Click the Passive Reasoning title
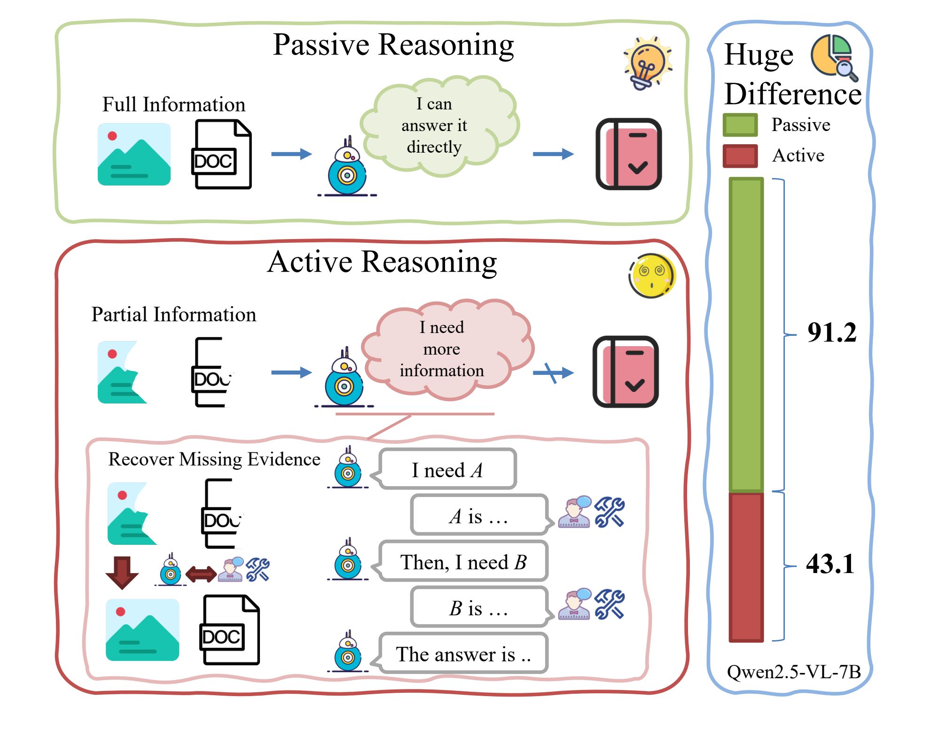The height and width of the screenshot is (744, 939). [393, 45]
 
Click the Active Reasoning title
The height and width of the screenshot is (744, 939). [382, 262]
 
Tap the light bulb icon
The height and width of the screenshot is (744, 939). [648, 62]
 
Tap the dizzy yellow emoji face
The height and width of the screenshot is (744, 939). [652, 276]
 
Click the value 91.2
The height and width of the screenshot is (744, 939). [831, 333]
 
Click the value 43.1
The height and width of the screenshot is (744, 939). [830, 564]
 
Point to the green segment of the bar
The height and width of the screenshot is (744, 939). [746, 334]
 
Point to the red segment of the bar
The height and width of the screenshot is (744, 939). [746, 566]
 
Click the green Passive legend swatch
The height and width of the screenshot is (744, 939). [740, 125]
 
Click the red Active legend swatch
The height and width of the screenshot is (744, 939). [740, 156]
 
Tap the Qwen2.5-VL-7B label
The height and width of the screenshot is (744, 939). [793, 672]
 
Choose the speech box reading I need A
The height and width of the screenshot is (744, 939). [447, 469]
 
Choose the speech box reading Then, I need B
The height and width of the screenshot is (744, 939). [463, 562]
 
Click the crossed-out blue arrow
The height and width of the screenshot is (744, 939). [553, 373]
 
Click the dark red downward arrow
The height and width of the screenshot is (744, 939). [122, 573]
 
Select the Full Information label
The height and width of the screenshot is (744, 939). [174, 104]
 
